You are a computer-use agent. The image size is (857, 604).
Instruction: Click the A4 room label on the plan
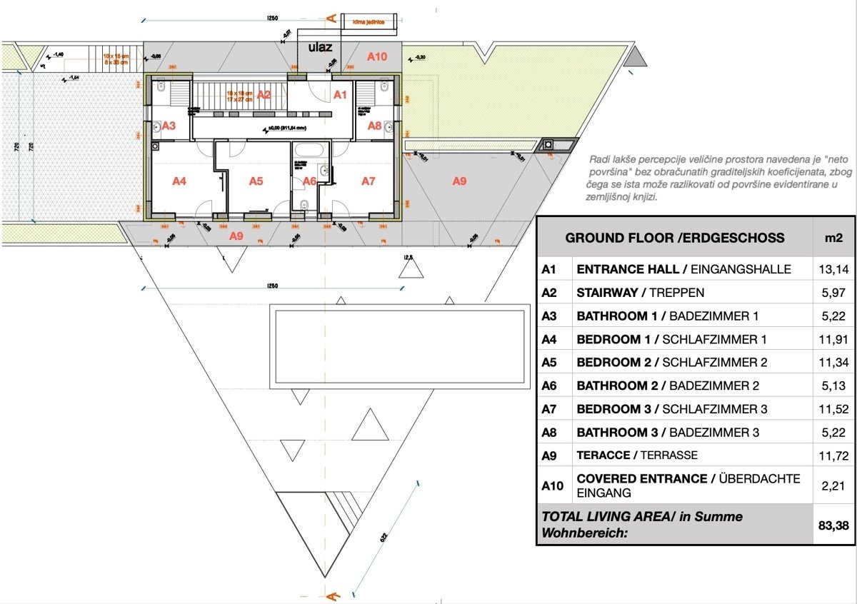coord(179,181)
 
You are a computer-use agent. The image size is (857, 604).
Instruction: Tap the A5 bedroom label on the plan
coord(256,181)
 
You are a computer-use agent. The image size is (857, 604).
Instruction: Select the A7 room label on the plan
coord(368,181)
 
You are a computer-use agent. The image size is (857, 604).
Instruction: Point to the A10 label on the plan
coord(376,56)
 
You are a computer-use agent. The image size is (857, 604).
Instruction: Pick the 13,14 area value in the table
coord(833,269)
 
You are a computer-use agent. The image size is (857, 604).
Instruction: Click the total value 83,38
coord(833,524)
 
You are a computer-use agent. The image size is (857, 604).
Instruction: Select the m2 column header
coord(833,238)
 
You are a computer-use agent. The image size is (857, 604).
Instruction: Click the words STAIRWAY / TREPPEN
coord(640,293)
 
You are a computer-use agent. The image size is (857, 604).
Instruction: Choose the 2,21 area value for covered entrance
coord(833,485)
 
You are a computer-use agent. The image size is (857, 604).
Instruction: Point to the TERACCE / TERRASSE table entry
coord(636,455)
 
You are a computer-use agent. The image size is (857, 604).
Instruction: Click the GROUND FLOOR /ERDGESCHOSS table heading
coord(674,238)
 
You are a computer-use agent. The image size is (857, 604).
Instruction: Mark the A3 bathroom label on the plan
coord(169,125)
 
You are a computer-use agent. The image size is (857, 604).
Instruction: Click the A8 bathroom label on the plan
coord(374,125)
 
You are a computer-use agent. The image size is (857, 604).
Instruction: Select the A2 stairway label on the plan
coord(264,94)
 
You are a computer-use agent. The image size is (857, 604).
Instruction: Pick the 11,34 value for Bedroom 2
coord(833,362)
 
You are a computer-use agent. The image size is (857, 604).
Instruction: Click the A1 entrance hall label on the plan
coord(340,94)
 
